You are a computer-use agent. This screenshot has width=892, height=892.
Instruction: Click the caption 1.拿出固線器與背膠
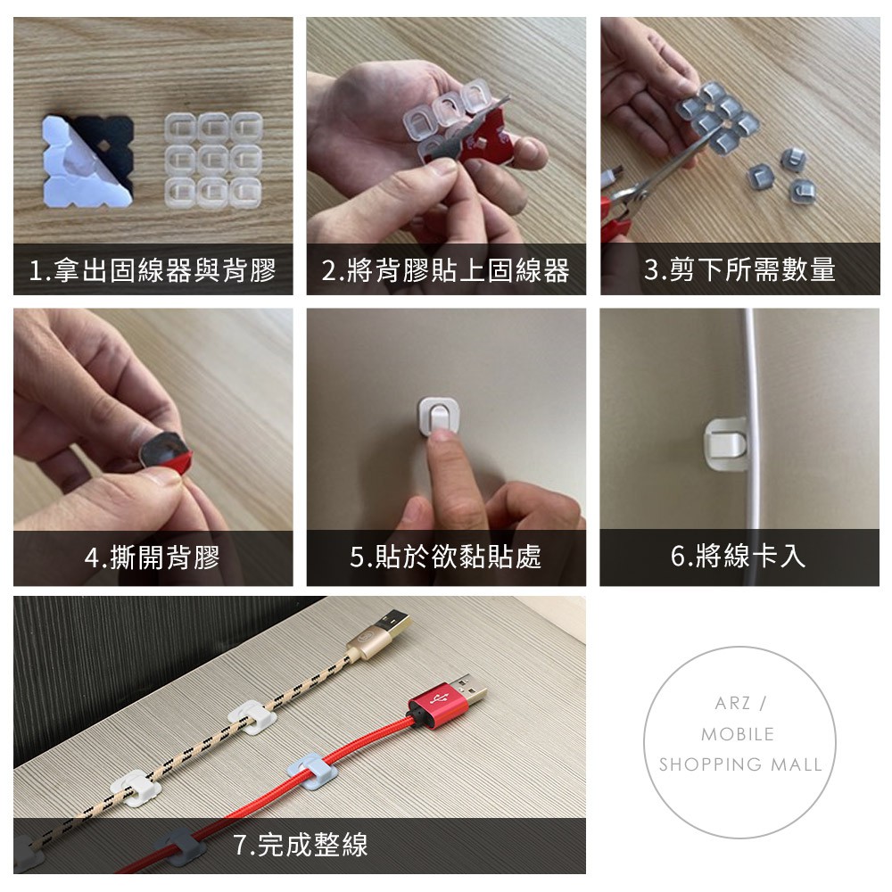click(153, 269)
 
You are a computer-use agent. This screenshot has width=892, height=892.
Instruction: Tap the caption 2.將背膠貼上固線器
click(445, 269)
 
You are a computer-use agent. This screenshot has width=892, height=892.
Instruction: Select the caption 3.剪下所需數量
click(739, 269)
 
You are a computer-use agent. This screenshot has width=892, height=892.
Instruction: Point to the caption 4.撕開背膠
click(153, 557)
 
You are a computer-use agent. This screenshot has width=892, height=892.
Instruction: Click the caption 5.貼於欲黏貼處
click(445, 557)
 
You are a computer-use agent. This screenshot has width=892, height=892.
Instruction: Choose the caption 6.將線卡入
click(739, 556)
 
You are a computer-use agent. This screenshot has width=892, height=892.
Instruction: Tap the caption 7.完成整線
click(301, 844)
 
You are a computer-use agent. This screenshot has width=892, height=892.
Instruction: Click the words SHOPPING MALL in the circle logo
click(740, 764)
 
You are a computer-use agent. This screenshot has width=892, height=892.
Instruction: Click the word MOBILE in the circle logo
click(738, 734)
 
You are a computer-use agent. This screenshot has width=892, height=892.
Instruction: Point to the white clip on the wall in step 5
click(439, 416)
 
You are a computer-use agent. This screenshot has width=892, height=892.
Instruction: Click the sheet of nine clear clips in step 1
click(214, 160)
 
